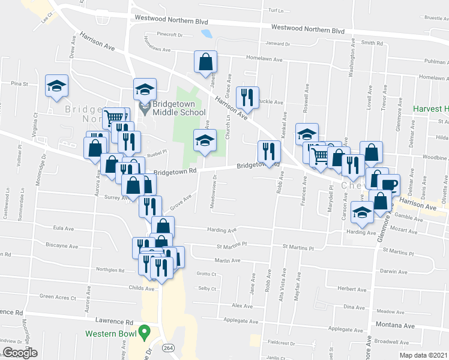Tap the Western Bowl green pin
click(143, 331)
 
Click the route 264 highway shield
click(168, 347)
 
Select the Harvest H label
click(430, 109)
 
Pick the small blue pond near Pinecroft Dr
click(207, 34)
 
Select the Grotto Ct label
click(205, 274)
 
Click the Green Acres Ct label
click(58, 297)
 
